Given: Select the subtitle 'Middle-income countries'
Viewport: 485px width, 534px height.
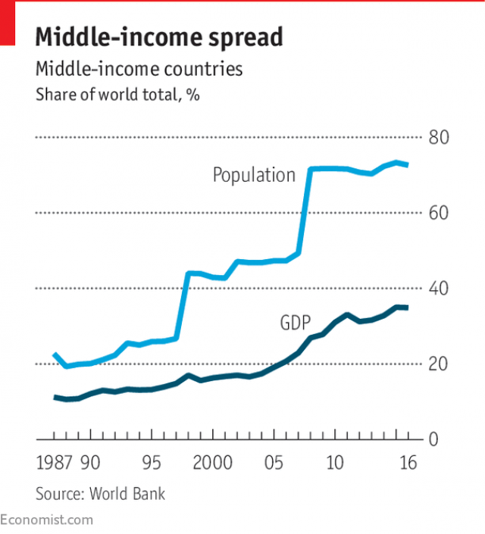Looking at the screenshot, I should [139, 69].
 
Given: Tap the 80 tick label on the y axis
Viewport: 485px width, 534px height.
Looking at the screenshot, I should [440, 138].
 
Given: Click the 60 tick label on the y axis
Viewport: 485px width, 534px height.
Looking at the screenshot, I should [440, 213].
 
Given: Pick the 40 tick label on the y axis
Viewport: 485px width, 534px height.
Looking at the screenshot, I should [440, 289].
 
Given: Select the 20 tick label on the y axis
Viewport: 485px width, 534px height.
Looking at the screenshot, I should [440, 364].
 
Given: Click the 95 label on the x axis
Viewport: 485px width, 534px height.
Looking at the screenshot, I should [152, 464].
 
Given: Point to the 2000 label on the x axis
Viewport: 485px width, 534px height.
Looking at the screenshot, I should [212, 464].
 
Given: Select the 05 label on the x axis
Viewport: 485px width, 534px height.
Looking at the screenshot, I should [274, 464].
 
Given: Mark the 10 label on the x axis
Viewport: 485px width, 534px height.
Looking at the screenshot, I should [335, 464].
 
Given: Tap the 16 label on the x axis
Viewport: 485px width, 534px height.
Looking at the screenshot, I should [408, 464].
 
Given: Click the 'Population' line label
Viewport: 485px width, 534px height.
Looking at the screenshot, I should [253, 176].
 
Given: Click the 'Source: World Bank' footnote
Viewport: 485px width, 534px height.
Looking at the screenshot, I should [99, 494].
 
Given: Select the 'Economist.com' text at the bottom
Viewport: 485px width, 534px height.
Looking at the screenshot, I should [46, 520].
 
